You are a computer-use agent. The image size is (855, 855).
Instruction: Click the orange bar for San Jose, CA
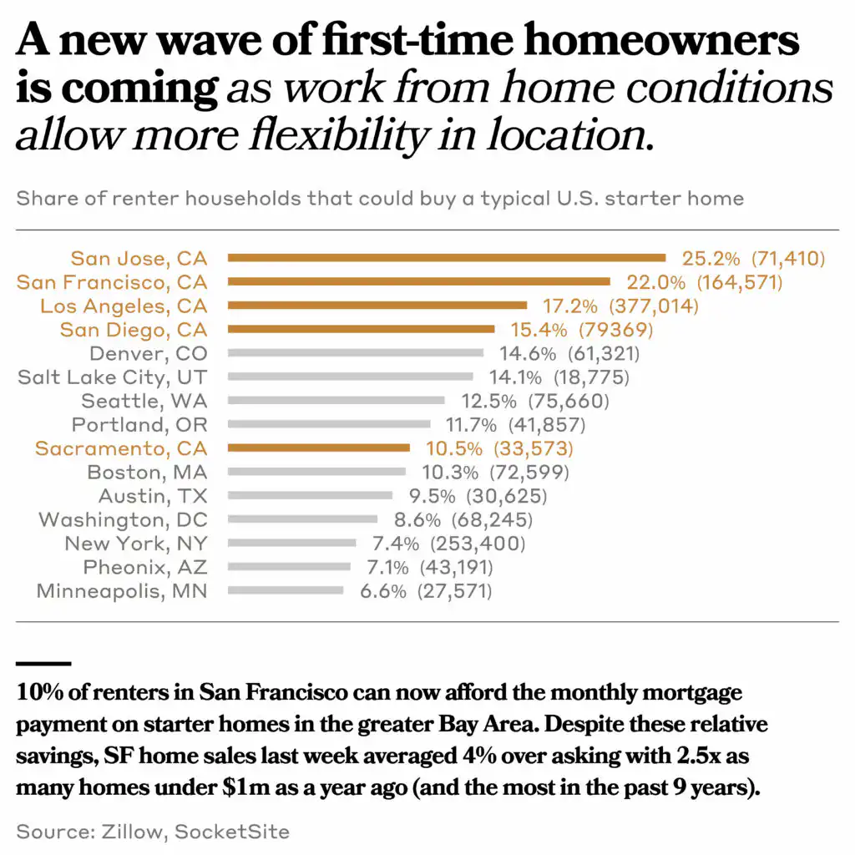point(447,258)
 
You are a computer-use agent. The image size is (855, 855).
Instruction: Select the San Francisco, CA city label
point(112,282)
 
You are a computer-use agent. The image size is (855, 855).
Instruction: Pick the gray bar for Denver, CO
point(356,353)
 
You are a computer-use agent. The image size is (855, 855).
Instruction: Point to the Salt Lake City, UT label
point(113,377)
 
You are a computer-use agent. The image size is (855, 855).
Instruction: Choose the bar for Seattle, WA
point(336,401)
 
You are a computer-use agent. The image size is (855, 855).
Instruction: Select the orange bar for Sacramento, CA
point(319,448)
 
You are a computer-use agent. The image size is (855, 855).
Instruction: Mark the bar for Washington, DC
point(302,519)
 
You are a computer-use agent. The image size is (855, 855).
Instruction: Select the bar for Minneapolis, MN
point(286,591)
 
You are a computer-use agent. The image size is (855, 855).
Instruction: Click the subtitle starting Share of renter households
point(380,199)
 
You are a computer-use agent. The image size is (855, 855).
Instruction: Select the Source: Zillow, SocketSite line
point(153,832)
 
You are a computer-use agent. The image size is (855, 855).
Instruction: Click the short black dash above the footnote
point(43,664)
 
